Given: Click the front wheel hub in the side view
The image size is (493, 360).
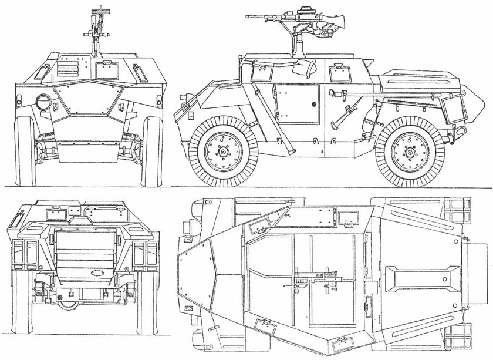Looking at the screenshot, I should tap(224, 152).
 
